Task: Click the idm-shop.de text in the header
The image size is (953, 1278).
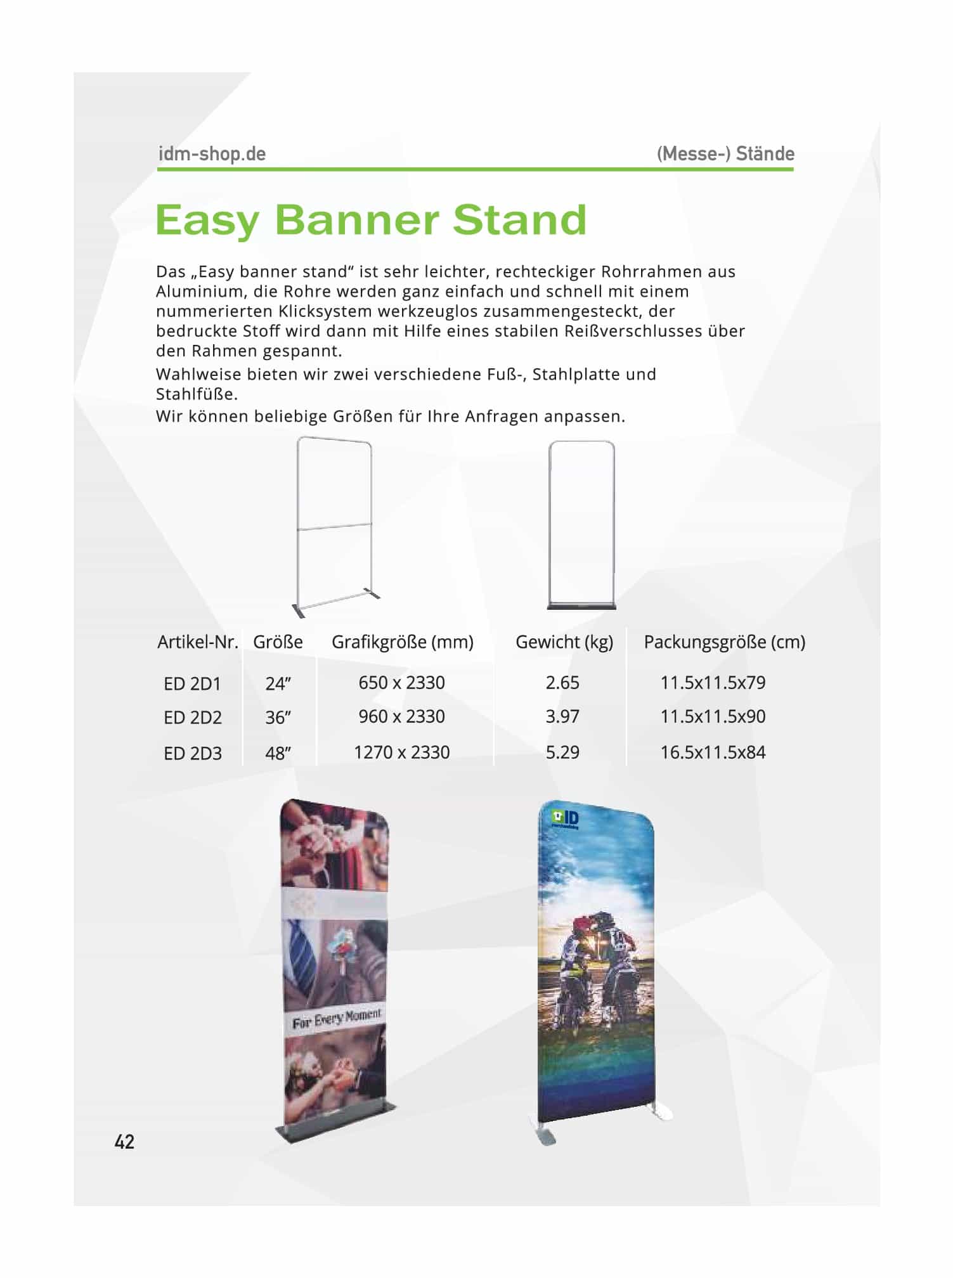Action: tap(212, 154)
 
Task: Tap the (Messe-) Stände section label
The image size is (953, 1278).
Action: tap(725, 154)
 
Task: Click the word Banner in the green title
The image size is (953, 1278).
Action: tap(357, 220)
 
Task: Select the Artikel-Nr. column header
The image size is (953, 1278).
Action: tap(198, 642)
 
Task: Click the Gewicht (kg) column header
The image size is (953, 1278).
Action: tap(564, 642)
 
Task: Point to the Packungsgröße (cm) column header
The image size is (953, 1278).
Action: tap(725, 642)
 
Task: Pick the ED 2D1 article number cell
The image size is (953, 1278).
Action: tap(192, 684)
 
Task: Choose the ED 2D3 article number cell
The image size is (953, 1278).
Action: tap(193, 754)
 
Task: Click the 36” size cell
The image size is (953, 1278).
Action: tap(278, 718)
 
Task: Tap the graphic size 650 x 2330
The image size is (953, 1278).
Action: tap(401, 683)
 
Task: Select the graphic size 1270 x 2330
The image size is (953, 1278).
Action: tap(401, 752)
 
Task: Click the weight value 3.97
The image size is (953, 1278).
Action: tap(562, 716)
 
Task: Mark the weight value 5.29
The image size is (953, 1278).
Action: tap(562, 752)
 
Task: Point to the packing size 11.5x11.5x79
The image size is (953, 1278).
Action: tap(713, 683)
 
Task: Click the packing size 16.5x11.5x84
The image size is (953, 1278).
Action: tap(713, 752)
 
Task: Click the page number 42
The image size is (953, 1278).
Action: tap(124, 1142)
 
